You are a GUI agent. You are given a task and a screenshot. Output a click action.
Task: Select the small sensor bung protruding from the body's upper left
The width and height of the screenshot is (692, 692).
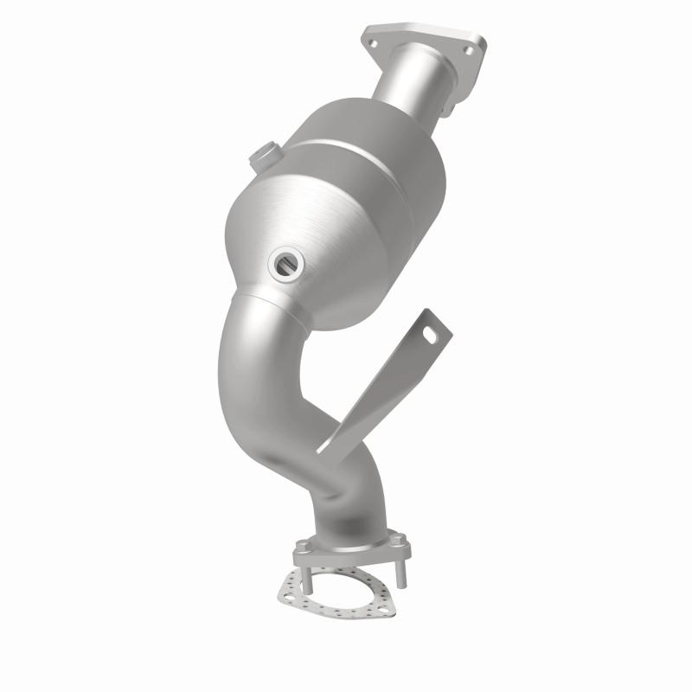(x=259, y=158)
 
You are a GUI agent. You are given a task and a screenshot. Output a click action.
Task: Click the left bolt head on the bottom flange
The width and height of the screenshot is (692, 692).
(x=301, y=547)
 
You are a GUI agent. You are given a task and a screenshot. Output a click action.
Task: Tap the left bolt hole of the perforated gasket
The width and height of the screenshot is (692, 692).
(x=289, y=590)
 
